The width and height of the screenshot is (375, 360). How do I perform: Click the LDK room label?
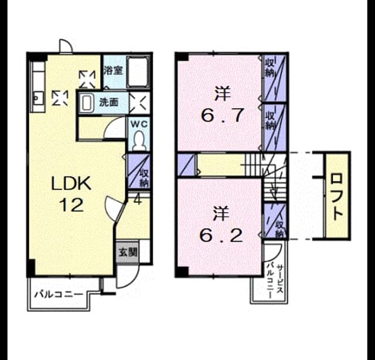[x=71, y=184]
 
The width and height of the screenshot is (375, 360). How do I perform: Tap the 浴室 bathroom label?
[x=113, y=70]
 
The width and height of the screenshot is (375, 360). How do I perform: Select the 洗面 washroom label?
[x=109, y=103]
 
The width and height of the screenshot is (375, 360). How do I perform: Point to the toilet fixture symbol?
[x=139, y=141]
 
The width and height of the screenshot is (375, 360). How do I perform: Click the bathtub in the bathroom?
[x=137, y=72]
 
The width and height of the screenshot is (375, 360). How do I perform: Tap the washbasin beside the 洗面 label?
[x=86, y=103]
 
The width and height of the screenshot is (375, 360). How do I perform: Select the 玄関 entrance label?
[x=128, y=252]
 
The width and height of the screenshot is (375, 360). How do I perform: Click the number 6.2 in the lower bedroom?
[x=221, y=236]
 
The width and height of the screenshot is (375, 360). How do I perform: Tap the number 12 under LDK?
[x=71, y=205]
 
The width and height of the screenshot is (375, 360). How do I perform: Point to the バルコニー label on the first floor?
[x=59, y=294]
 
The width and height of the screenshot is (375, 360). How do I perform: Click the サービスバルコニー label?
[x=275, y=281]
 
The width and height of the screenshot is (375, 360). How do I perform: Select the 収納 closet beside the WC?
[x=138, y=171]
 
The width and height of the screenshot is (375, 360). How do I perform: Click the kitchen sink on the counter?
[x=37, y=98]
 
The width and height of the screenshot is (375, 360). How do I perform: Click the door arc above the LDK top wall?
[x=66, y=45]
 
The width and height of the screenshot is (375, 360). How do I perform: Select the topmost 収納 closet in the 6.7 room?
[x=274, y=78]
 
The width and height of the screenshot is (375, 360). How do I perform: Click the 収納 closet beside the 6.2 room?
[x=274, y=220]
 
